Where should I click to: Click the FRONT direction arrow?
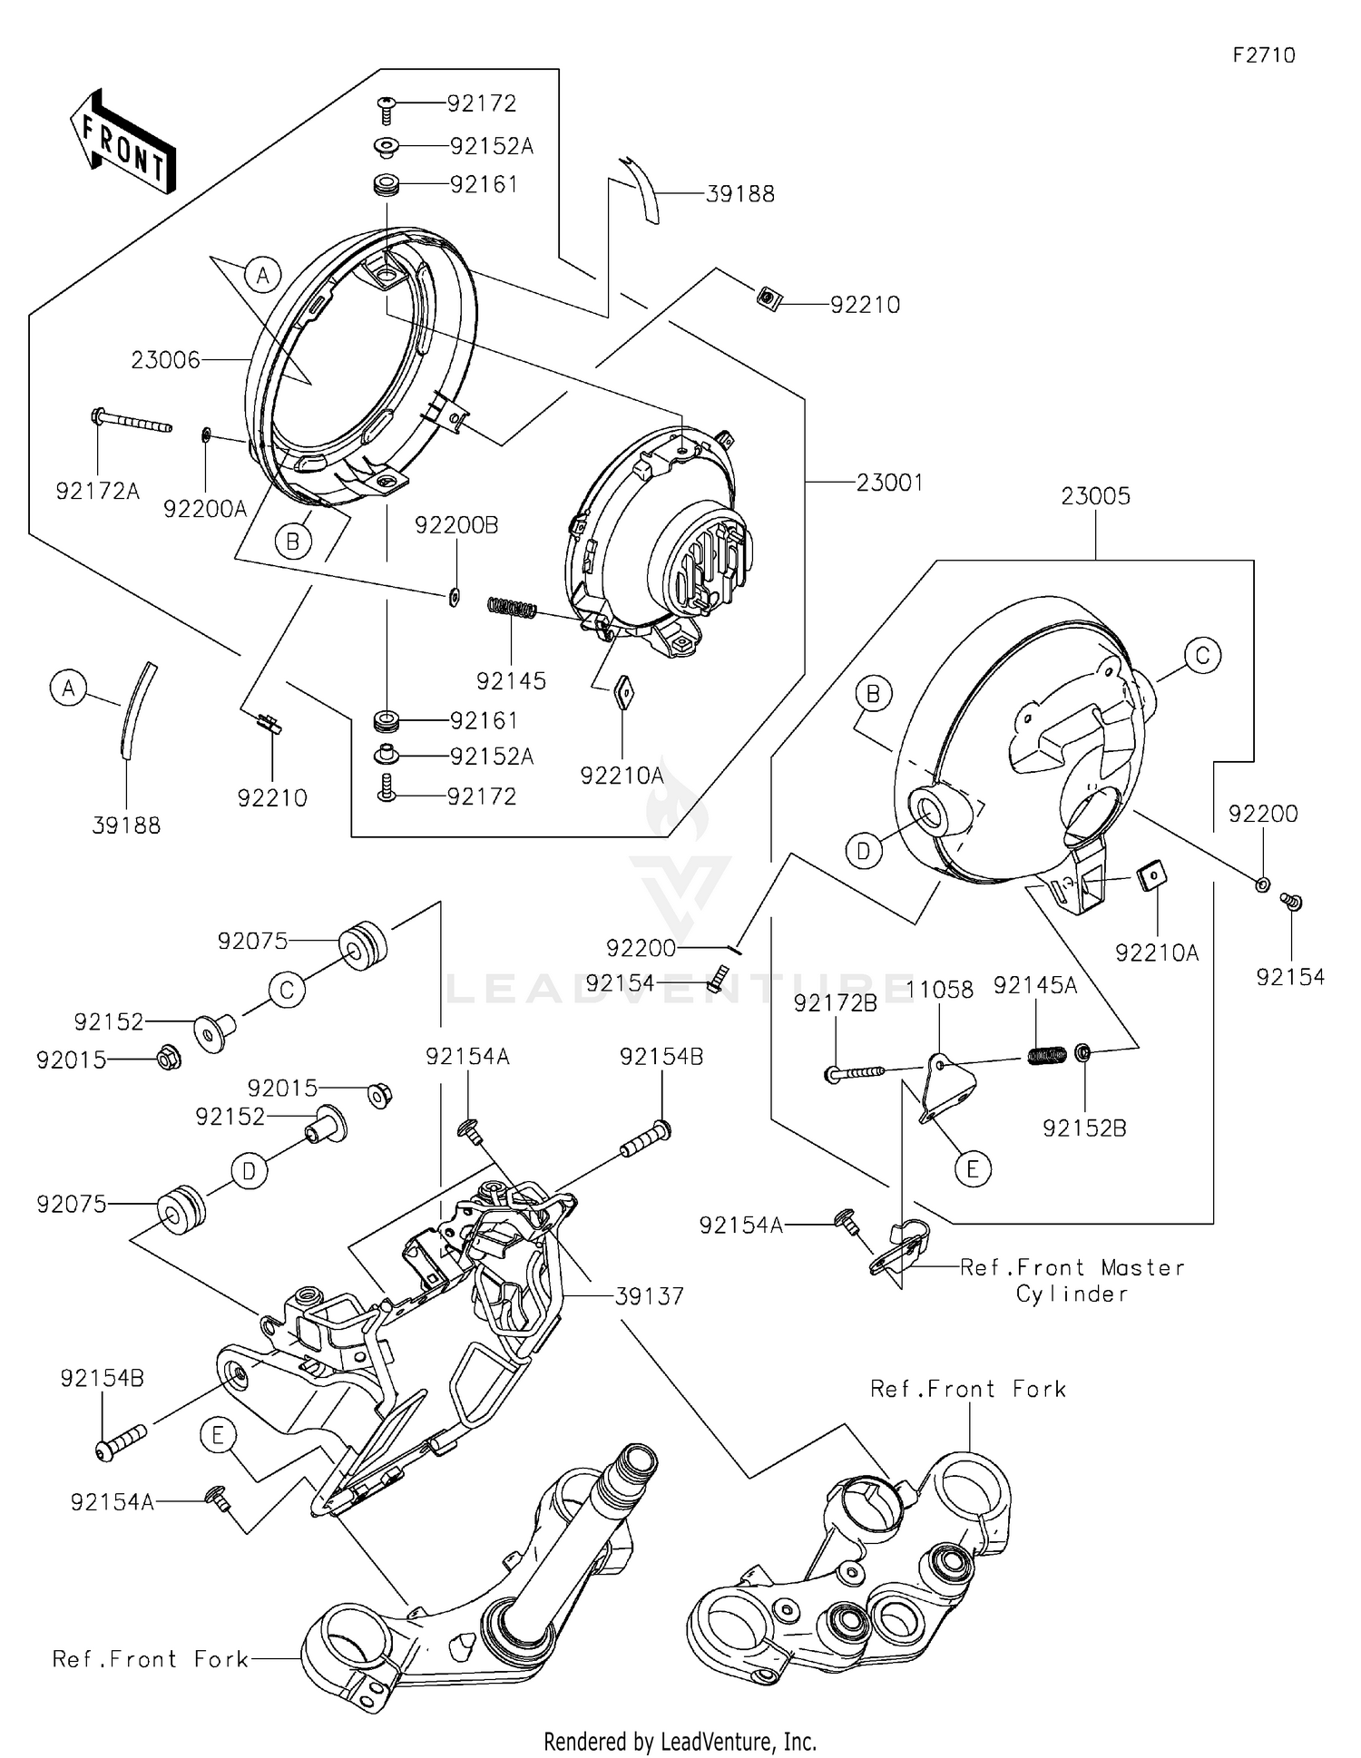pos(122,141)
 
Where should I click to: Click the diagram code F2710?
pos(1263,55)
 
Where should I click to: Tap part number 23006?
pos(165,360)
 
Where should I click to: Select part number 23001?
pos(889,483)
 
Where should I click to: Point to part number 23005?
pos(1095,496)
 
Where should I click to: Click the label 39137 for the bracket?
pos(649,1296)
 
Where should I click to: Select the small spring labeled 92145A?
pos(1047,1055)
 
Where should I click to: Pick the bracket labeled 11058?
pos(949,1085)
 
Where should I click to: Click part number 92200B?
pos(456,525)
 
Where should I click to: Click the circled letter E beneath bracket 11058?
pos(972,1169)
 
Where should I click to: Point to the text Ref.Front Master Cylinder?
pos(1072,1280)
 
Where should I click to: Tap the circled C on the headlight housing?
pos(1202,655)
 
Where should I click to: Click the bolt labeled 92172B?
pos(853,1073)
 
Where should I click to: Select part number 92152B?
pos(1084,1128)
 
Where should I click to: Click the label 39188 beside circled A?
pos(126,825)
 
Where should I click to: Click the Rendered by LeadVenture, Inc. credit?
pos(680,1742)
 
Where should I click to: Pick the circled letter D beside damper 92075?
pos(249,1172)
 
